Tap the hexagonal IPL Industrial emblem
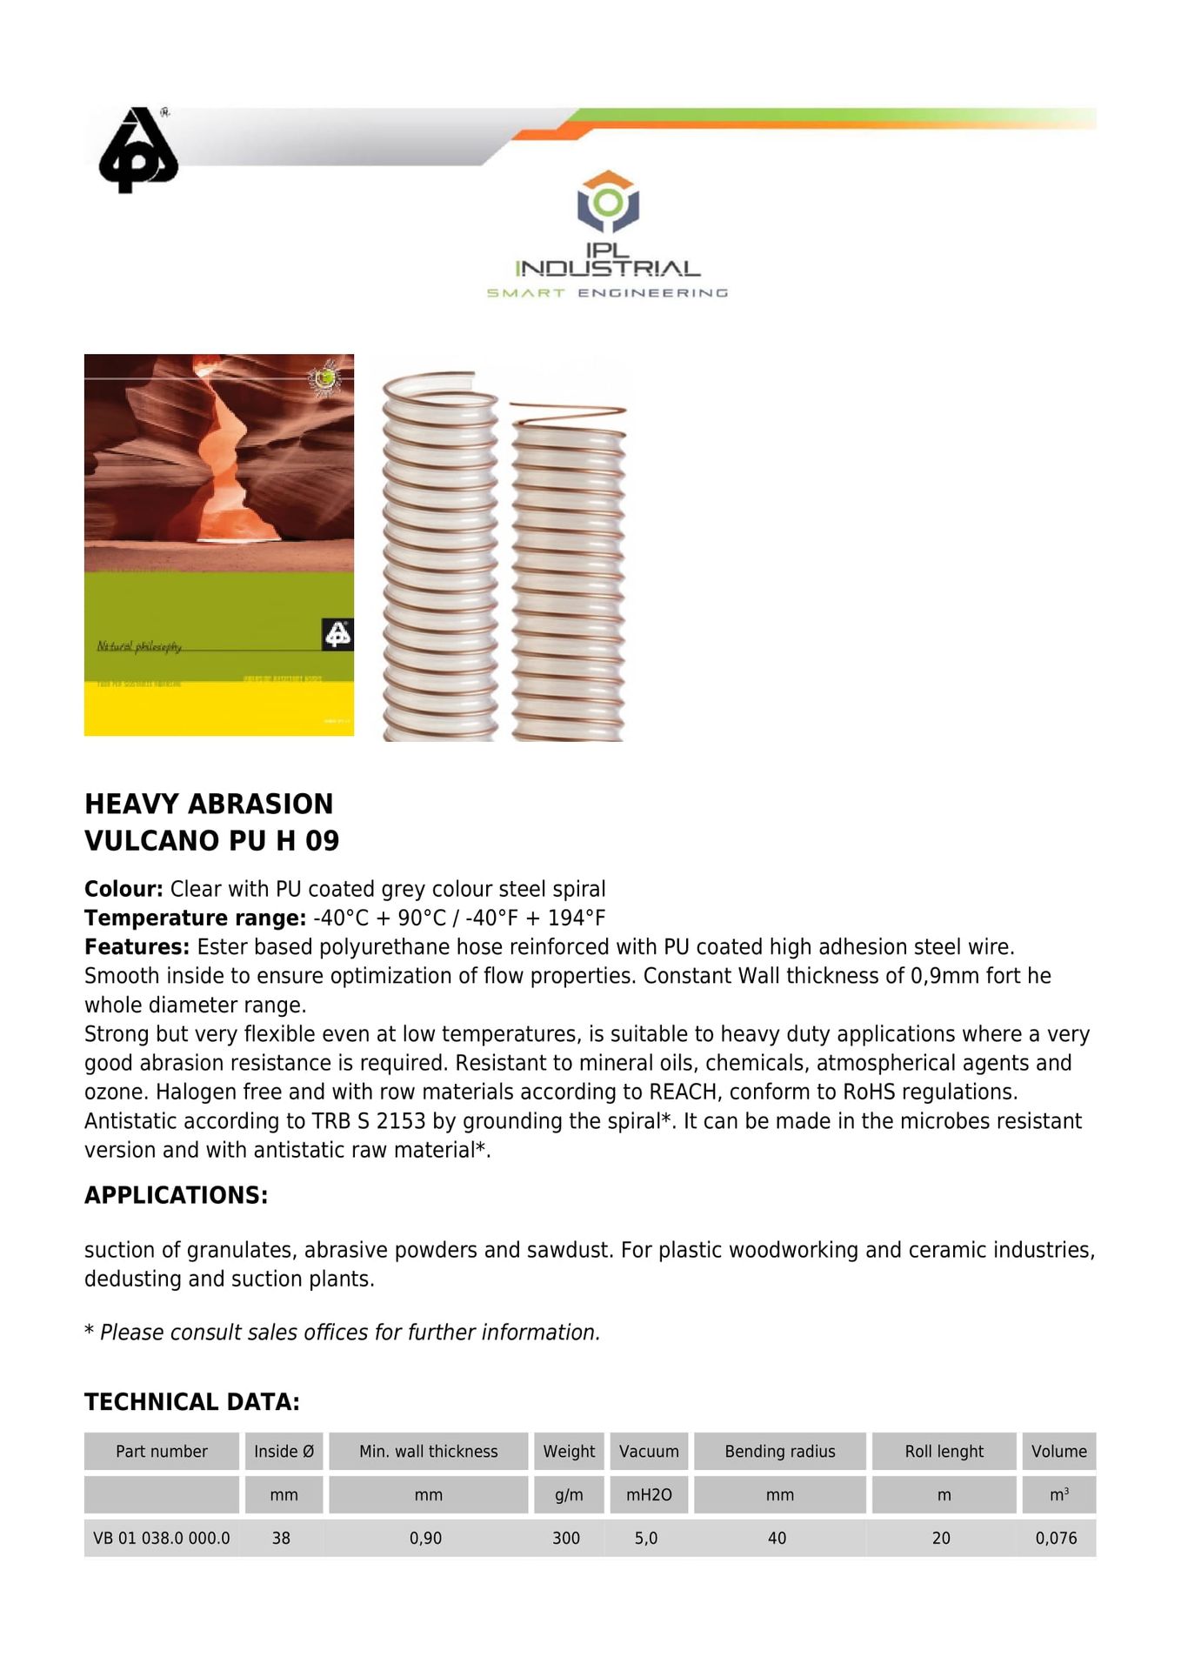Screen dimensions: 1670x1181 click(608, 202)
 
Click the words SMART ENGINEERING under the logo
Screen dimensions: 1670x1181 click(607, 293)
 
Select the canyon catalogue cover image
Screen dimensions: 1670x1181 click(219, 544)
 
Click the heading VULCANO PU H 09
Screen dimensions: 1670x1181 click(212, 841)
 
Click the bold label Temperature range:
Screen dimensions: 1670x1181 click(195, 918)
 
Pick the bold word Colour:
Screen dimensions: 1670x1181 click(123, 889)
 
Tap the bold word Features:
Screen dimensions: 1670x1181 click(137, 947)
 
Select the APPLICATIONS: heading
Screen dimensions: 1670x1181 click(177, 1195)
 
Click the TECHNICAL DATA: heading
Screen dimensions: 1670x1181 click(192, 1402)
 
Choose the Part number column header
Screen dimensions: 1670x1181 click(162, 1452)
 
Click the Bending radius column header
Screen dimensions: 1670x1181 click(780, 1452)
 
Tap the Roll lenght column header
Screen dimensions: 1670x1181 click(944, 1452)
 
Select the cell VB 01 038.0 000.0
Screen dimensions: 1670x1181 click(162, 1539)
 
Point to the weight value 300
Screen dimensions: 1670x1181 click(566, 1539)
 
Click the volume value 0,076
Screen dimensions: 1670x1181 click(1057, 1539)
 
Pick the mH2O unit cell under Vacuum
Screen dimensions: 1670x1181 click(649, 1495)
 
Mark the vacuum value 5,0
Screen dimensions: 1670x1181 click(646, 1539)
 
